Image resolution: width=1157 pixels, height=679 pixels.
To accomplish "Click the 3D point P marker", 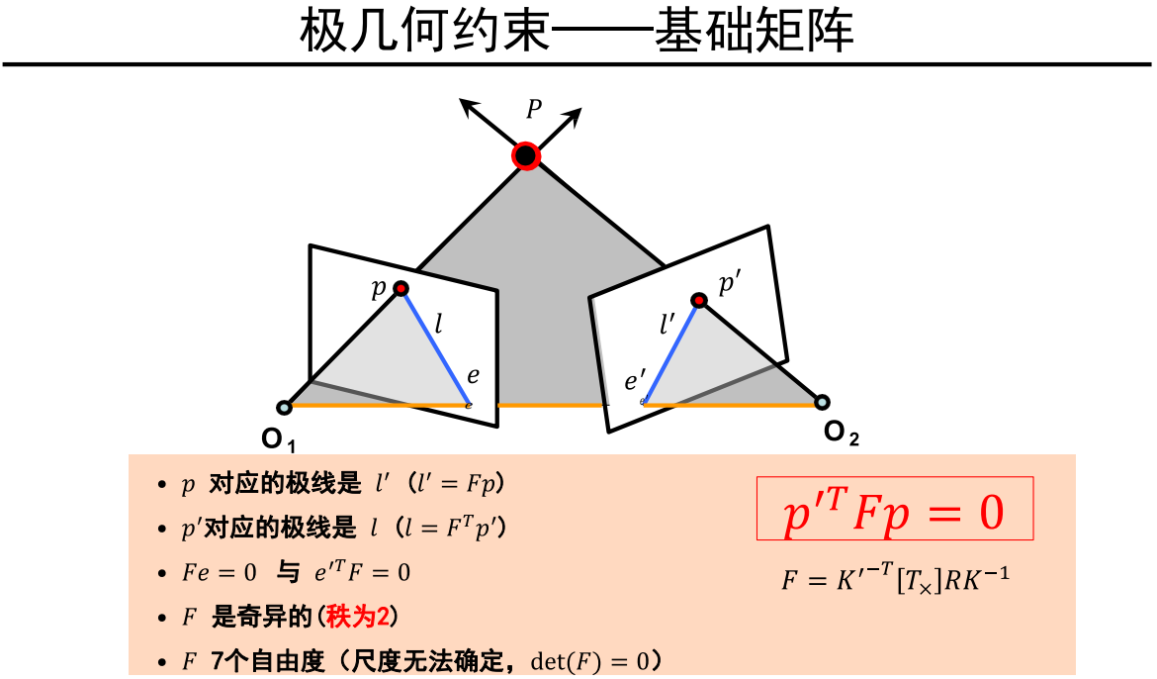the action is (525, 155).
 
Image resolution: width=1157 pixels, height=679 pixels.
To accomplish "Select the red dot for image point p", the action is (401, 288).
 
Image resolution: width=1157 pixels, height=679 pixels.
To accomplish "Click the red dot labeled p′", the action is (699, 300).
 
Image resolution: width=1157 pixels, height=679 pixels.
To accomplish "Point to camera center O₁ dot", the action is (284, 406).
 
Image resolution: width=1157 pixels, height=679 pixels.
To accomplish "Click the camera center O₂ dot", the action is (822, 402).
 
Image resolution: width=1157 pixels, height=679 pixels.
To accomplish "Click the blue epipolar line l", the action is (435, 346).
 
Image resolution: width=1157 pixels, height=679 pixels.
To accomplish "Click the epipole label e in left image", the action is (473, 376).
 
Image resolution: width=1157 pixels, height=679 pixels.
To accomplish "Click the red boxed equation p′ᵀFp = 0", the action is (895, 509).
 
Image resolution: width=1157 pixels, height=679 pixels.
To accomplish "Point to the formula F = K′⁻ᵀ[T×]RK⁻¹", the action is (895, 579).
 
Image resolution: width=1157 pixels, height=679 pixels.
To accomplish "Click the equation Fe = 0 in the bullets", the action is (220, 572).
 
